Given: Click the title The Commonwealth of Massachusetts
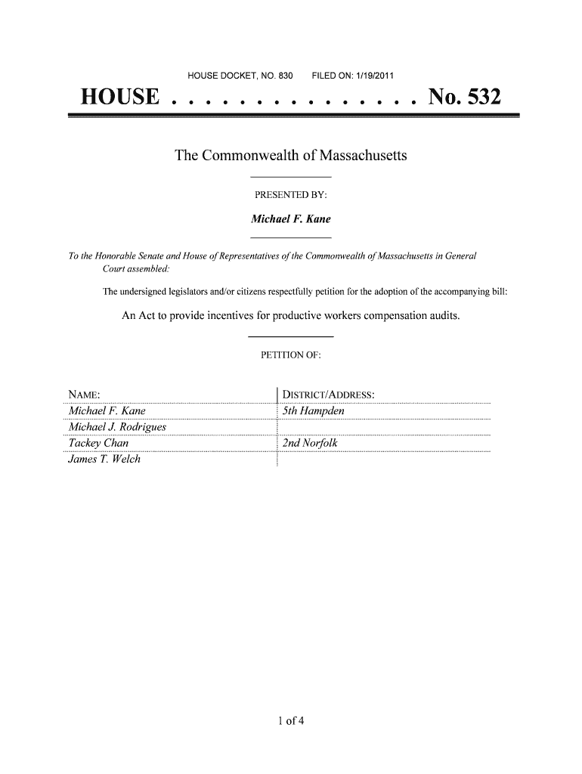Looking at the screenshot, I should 291,156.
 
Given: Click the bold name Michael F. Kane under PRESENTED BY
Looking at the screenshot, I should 291,220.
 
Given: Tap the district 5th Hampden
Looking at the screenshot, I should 313,411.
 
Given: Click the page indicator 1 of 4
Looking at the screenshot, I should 290,720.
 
